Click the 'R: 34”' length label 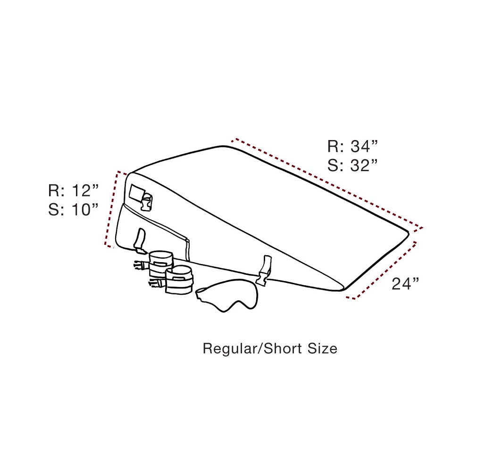tap(352, 146)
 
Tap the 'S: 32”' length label tap(352, 165)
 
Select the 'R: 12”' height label tap(73, 190)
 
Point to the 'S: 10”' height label tap(73, 209)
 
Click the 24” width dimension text tap(405, 283)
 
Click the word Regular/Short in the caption tap(252, 348)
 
